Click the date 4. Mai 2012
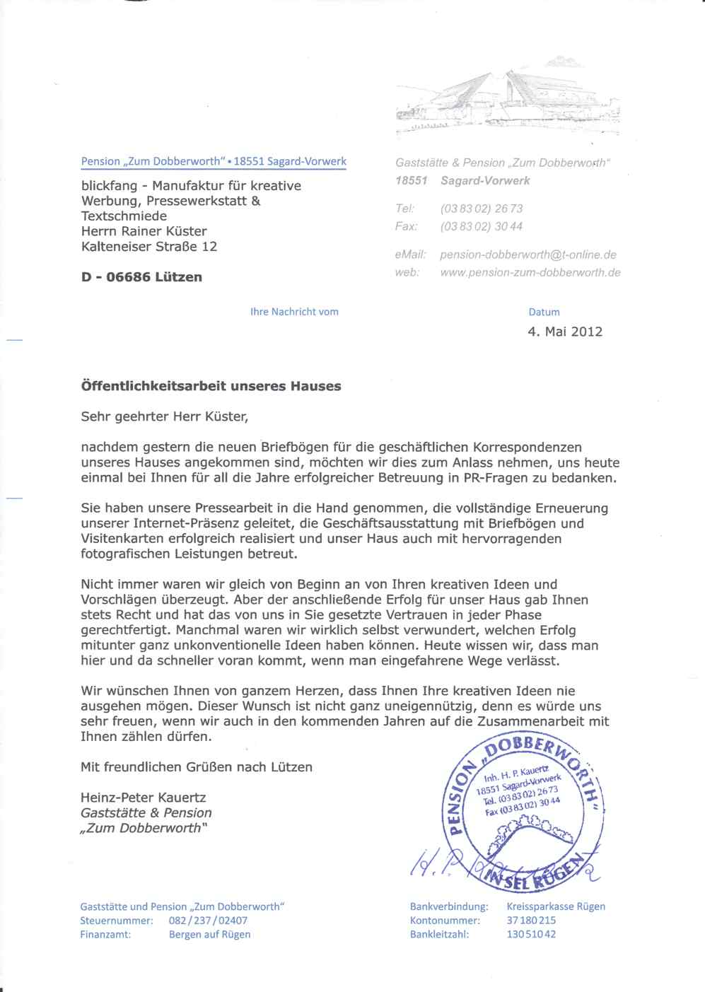click(x=565, y=332)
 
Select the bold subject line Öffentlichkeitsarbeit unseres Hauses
click(x=211, y=386)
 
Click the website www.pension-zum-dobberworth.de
click(x=530, y=272)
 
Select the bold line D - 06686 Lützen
click(x=141, y=277)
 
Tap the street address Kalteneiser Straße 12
click(x=149, y=247)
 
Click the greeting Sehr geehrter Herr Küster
click(x=165, y=416)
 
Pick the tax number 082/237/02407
click(x=208, y=921)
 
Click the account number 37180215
click(x=531, y=921)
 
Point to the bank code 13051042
click(x=531, y=934)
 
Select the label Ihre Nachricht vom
click(x=294, y=312)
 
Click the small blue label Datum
click(x=544, y=312)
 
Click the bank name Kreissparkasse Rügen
click(x=556, y=906)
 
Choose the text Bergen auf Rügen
click(x=209, y=934)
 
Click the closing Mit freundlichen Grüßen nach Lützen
click(x=197, y=766)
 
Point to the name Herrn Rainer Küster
click(x=144, y=231)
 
